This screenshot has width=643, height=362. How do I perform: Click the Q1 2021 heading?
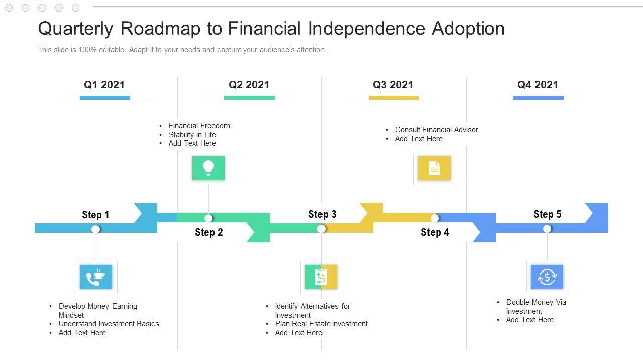pos(104,85)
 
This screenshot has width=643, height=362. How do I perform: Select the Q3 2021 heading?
pos(393,85)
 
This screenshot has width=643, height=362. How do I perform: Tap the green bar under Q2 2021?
pos(249,98)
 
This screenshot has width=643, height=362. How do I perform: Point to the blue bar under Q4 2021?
pos(538,98)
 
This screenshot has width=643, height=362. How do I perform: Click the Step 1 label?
pos(95,215)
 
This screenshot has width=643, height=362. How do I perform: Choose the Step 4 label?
pos(435,232)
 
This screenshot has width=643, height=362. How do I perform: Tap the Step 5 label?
pos(548,214)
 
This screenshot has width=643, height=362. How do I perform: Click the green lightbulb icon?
pos(208,168)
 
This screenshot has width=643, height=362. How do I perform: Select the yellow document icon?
pos(435,168)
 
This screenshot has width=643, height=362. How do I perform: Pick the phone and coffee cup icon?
pos(96,277)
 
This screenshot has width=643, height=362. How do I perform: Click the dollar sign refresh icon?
pos(547,277)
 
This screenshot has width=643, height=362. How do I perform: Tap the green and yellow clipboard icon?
pos(321,277)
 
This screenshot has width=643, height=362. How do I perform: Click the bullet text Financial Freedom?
pos(199,126)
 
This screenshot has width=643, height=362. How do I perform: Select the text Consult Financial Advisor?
pos(437,130)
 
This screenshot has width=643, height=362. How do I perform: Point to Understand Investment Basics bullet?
pos(109,324)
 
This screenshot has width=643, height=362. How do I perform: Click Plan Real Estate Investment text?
pos(321,324)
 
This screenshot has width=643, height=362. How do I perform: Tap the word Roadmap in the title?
pos(160,29)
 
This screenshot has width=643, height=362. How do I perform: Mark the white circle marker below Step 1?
pos(95,229)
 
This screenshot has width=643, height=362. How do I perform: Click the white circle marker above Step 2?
pos(208,218)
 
